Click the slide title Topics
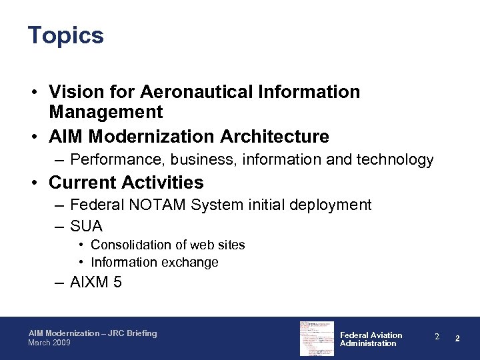(x=66, y=35)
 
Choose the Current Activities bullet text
(x=126, y=182)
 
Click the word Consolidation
(x=131, y=245)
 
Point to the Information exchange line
(x=155, y=262)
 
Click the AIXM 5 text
(x=96, y=282)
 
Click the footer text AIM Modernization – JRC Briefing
(x=93, y=333)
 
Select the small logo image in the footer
(x=316, y=338)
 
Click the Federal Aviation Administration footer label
(x=371, y=339)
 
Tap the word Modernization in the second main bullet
(x=145, y=137)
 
